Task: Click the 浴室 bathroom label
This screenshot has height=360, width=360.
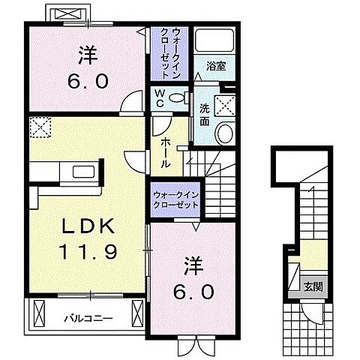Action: coord(216,67)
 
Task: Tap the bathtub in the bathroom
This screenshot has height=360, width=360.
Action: coord(214,40)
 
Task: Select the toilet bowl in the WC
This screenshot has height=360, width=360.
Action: coord(178,97)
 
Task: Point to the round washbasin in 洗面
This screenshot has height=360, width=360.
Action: coord(226,133)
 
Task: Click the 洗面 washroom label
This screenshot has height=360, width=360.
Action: coord(205,115)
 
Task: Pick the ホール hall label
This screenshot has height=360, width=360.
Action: coord(166,153)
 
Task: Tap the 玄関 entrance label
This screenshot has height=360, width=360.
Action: coord(313,287)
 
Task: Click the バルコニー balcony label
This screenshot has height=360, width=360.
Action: coord(88,319)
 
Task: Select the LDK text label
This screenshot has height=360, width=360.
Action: coord(88,226)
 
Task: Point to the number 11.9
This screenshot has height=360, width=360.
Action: coord(88,251)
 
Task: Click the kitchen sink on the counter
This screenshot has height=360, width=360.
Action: coord(83,172)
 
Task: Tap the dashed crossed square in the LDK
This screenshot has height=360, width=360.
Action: coord(40,127)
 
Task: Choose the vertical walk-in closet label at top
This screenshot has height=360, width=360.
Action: coord(170,53)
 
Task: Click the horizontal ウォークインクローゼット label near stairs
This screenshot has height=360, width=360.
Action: coord(175,200)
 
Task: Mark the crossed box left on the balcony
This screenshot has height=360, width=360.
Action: coord(39,313)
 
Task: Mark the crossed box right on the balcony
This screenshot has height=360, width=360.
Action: coord(137,313)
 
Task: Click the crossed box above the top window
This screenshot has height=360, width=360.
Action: coord(67,13)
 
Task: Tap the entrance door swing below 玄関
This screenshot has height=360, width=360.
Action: coord(311,313)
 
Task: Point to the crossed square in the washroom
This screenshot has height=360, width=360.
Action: coord(226,106)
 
